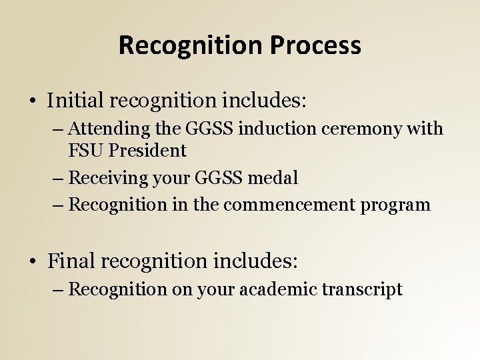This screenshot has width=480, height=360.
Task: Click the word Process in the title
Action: click(x=315, y=45)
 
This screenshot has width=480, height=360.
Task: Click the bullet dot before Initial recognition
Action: click(x=33, y=102)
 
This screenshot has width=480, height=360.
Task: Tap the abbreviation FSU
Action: click(x=85, y=151)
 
